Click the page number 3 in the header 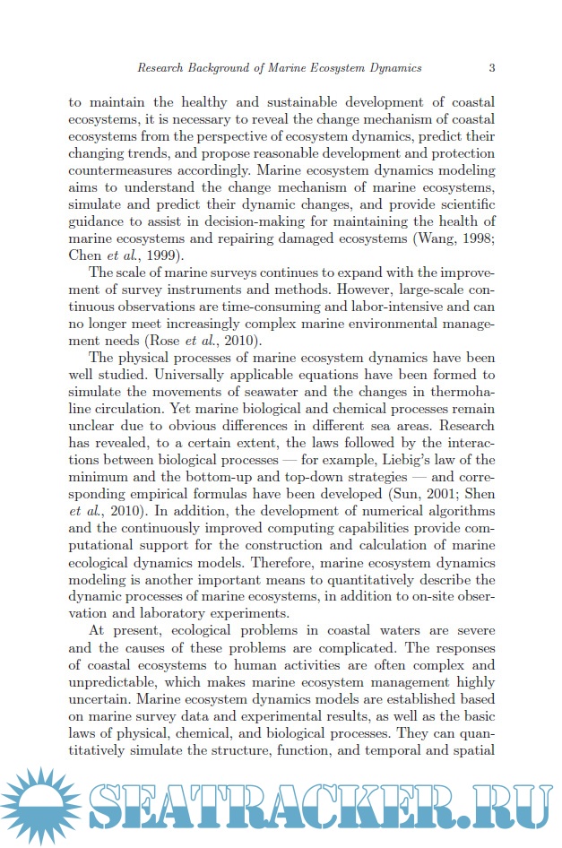coord(492,67)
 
